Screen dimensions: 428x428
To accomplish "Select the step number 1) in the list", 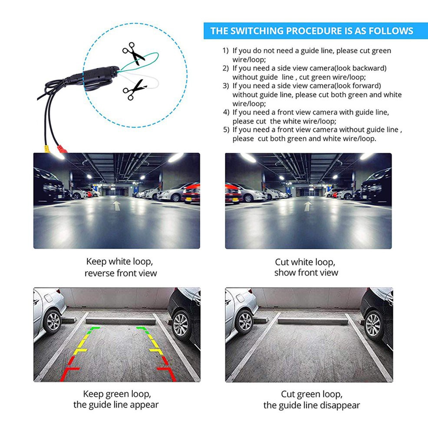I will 225,51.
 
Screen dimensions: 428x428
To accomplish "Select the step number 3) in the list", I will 225,86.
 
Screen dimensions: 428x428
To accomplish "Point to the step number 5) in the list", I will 225,129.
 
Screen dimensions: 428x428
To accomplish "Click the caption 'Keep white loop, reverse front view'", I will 120,267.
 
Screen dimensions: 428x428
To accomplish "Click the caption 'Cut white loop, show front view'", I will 306,267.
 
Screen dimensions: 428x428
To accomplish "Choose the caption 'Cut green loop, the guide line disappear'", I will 311,400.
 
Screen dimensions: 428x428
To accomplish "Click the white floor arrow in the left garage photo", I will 117,205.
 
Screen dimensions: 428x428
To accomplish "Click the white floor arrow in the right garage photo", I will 307,206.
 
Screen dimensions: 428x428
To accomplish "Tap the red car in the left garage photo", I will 191,193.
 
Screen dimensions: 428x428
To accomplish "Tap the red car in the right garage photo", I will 233,193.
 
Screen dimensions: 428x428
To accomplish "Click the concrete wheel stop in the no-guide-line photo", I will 313,321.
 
